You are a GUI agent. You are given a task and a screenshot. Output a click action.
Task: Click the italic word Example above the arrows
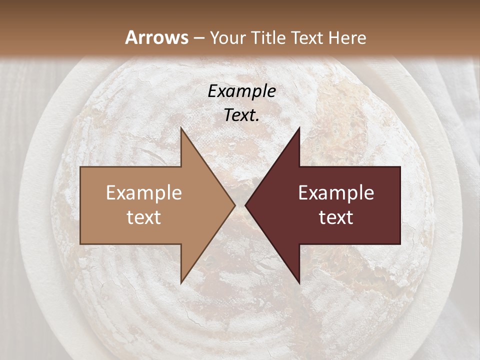242,91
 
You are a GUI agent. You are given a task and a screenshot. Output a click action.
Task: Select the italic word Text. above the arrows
242,115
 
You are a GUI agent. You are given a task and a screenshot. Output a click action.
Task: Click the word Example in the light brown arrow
144,193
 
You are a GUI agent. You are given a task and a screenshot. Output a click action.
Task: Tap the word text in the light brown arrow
144,217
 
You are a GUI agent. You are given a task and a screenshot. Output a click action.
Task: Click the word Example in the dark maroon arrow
336,193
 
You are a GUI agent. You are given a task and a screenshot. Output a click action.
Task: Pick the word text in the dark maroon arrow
336,217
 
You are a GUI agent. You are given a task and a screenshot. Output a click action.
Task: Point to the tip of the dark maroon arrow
246,205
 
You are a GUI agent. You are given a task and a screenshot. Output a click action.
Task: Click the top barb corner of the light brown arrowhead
181,128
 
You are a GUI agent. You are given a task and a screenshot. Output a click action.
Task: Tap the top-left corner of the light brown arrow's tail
81,167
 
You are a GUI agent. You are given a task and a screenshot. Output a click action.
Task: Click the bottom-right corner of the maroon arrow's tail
400,243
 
